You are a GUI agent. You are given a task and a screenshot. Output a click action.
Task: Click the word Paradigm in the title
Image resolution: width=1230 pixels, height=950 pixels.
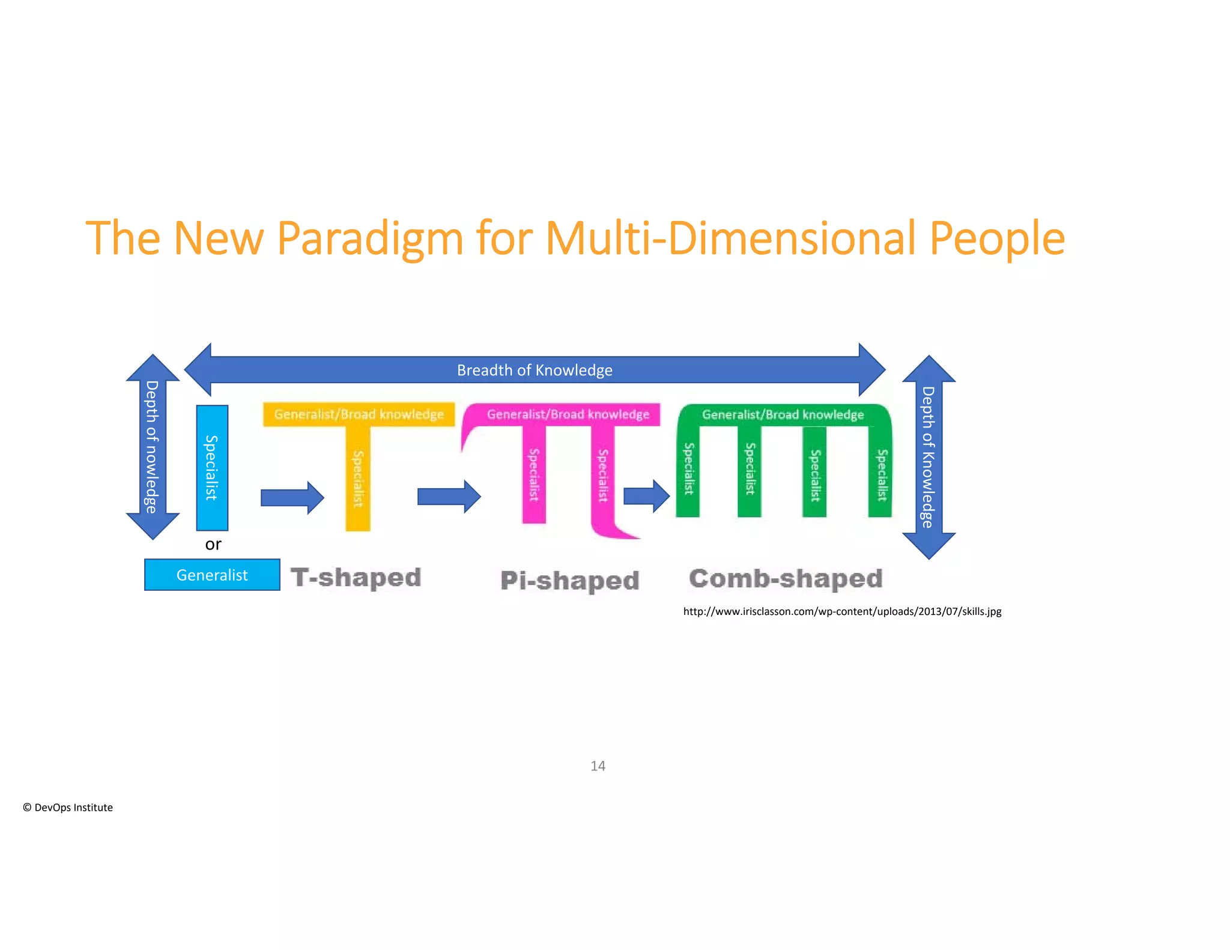click(x=369, y=238)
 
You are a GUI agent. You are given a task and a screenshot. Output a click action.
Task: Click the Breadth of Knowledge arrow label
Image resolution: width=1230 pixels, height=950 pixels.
click(x=534, y=370)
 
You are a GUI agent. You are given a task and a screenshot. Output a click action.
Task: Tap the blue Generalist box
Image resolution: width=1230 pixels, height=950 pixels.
click(x=212, y=575)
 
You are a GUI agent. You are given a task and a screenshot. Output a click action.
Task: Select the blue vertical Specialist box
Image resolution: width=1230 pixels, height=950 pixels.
click(x=212, y=467)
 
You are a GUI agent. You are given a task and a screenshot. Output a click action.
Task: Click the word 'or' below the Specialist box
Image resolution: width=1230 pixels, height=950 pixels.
click(x=213, y=544)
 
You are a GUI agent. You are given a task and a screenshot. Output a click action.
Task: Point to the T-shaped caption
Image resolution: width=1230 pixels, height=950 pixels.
click(x=356, y=577)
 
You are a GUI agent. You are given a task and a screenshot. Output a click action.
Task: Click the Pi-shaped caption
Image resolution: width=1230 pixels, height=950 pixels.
click(x=569, y=580)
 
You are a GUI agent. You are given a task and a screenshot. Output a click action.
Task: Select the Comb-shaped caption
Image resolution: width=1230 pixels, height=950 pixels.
click(x=786, y=578)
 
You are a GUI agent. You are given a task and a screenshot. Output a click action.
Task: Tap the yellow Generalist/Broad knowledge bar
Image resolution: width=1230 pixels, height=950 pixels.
click(x=359, y=414)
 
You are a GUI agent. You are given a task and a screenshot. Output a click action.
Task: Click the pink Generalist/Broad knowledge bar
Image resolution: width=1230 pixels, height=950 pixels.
click(x=568, y=414)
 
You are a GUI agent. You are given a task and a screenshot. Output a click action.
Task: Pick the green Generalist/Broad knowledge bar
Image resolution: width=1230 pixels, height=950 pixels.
click(x=783, y=414)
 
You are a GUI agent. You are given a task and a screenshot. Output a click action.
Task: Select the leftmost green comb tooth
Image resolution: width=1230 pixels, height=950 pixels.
click(x=688, y=471)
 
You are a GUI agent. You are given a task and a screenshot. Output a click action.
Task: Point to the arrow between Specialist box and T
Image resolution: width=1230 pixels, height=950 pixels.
click(x=292, y=497)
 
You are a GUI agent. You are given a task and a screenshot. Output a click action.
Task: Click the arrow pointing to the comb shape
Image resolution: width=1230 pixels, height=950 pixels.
click(x=646, y=496)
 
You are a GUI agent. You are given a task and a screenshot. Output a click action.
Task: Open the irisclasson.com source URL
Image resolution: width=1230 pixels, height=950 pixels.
click(x=842, y=611)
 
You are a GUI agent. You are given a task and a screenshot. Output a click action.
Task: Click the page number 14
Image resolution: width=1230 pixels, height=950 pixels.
click(x=598, y=766)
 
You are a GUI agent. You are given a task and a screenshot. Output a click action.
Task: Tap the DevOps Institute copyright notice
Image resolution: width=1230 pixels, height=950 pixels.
click(x=68, y=808)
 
